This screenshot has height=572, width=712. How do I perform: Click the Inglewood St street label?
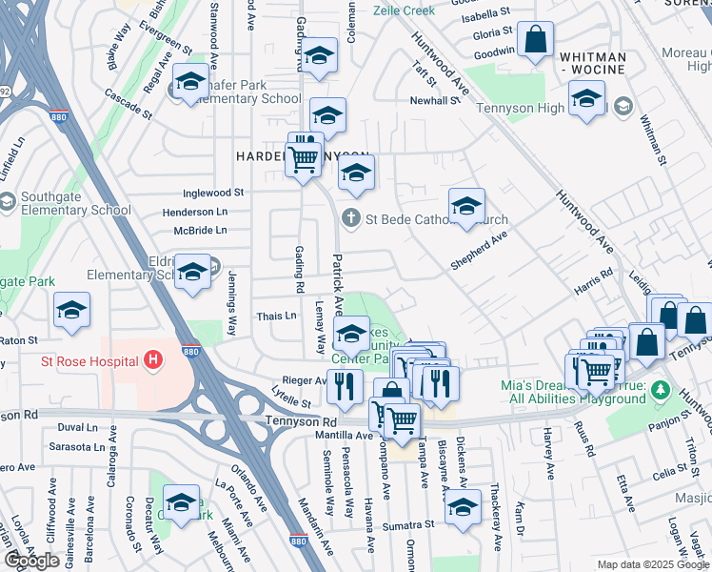tap(212, 193)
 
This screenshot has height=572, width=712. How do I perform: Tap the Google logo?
tap(31, 561)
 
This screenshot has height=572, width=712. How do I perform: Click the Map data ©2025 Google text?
tap(651, 564)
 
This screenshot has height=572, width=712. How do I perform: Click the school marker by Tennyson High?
tap(585, 99)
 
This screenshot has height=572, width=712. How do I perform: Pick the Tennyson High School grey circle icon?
tap(623, 105)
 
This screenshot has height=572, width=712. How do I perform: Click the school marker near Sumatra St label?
tap(464, 507)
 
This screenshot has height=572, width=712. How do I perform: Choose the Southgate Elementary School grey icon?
tap(7, 201)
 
